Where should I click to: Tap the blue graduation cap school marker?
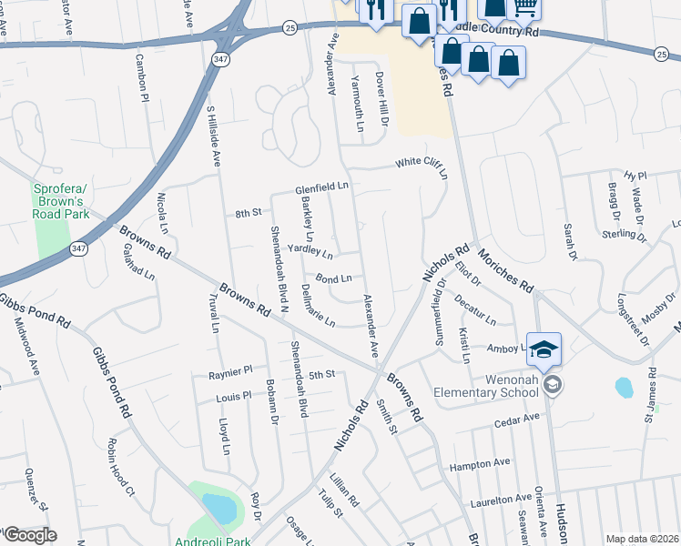(x=544, y=349)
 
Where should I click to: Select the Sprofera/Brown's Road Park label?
(x=60, y=201)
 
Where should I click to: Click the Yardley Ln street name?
(x=310, y=248)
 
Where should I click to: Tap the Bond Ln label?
(x=333, y=278)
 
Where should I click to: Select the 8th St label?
(x=248, y=213)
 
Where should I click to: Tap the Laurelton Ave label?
(x=501, y=498)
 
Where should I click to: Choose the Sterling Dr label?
(x=624, y=235)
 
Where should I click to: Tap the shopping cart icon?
(x=524, y=7)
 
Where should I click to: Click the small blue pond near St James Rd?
(x=624, y=388)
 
